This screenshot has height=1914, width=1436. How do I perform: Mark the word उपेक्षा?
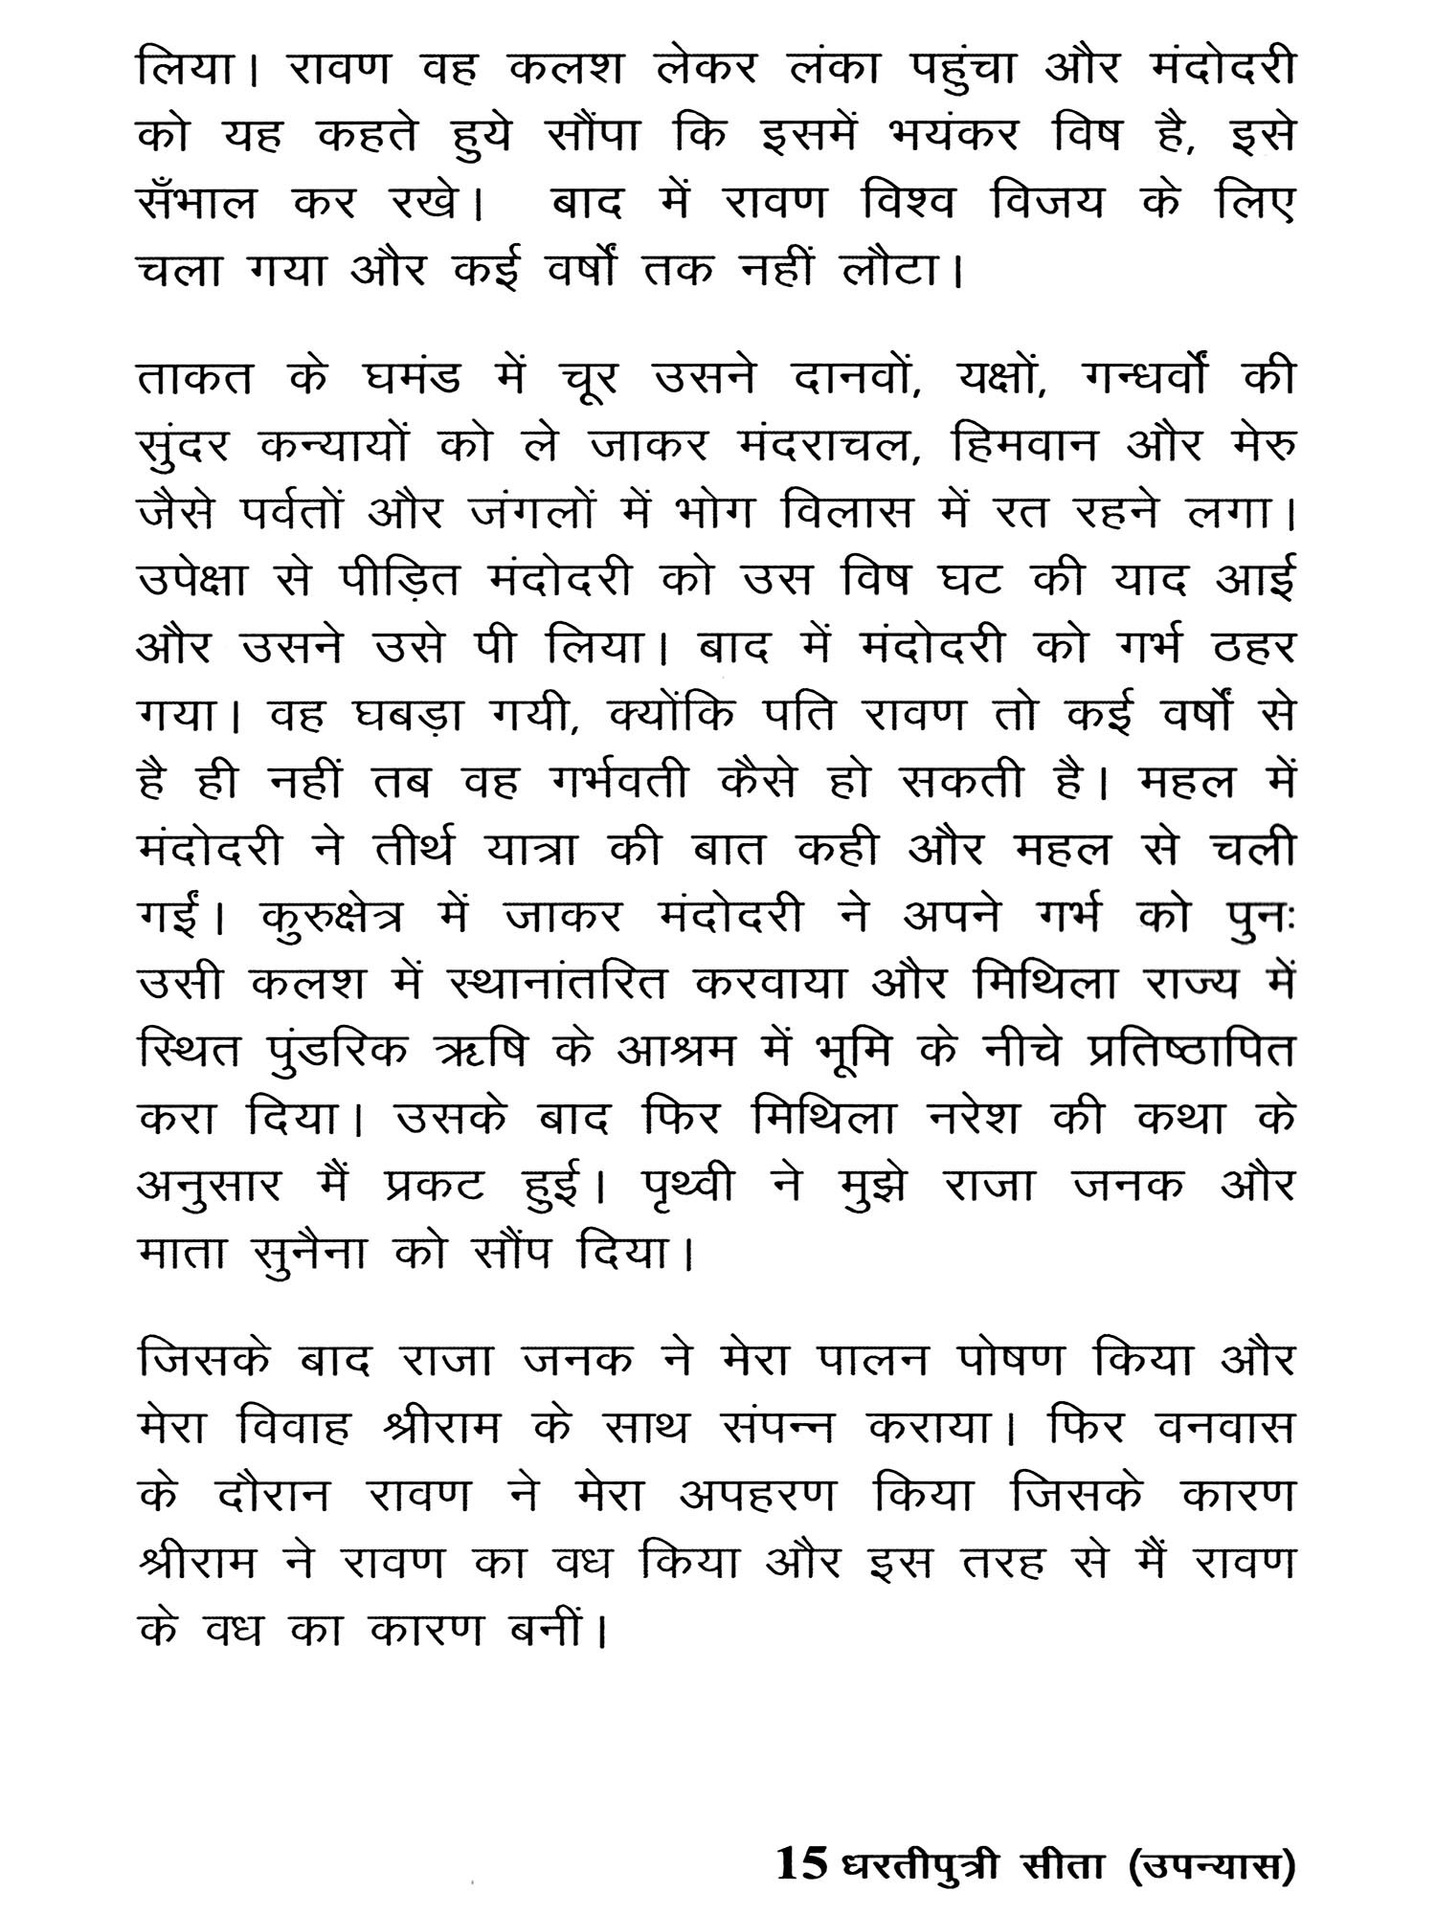[206, 581]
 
